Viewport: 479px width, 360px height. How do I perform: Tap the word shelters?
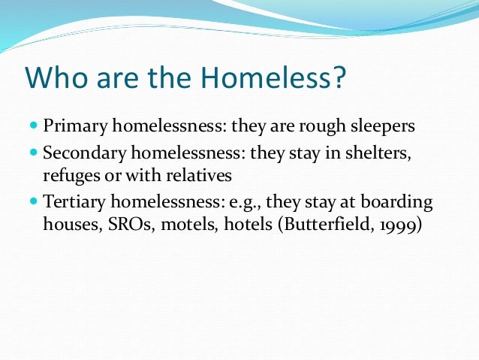point(383,153)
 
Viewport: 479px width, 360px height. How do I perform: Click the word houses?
point(67,225)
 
